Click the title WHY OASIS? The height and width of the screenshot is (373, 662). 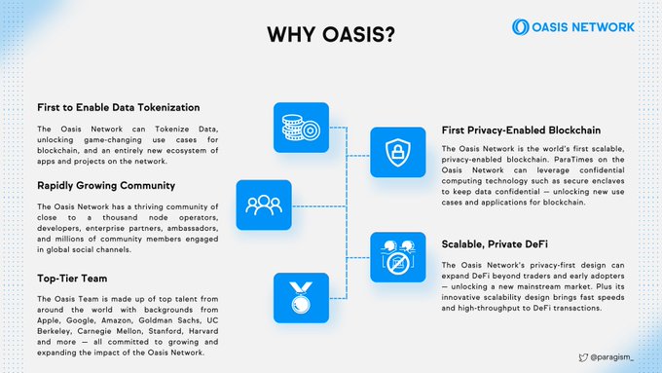331,34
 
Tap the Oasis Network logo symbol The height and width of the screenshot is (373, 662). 520,27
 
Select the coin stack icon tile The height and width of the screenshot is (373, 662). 301,128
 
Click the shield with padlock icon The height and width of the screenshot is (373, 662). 398,153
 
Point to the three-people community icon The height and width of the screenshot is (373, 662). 264,205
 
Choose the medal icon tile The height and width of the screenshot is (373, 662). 301,298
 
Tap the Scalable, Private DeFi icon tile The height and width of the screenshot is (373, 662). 398,257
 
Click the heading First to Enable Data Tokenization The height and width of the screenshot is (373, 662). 118,107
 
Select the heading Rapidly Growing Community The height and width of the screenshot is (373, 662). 106,185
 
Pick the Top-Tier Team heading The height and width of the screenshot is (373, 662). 72,279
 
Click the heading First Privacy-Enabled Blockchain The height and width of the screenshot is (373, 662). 521,131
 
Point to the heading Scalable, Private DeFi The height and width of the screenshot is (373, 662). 495,244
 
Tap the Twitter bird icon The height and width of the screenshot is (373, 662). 583,357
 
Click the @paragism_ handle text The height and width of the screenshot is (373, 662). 611,357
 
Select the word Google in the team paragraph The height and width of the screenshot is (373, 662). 81,320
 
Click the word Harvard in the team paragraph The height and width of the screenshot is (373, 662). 203,331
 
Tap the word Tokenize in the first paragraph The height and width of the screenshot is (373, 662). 172,129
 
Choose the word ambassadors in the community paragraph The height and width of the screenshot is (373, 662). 193,228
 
